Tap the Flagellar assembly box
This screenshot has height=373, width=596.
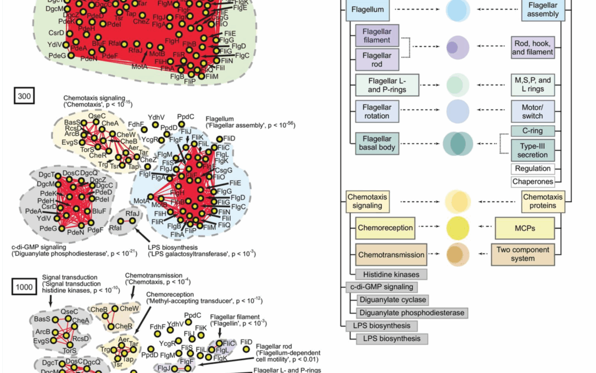(x=543, y=10)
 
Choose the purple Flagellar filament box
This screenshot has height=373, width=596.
(x=377, y=35)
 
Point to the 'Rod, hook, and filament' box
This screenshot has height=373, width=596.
(x=532, y=48)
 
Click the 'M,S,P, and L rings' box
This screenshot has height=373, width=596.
(x=532, y=85)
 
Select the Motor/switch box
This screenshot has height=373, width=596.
(x=532, y=112)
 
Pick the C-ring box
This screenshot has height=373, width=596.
(x=532, y=132)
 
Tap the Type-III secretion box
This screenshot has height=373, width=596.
(x=532, y=150)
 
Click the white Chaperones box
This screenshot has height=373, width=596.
(x=532, y=181)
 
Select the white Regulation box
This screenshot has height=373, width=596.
(x=532, y=168)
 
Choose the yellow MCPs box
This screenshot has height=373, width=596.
(x=524, y=228)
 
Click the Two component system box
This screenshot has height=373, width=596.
(x=523, y=254)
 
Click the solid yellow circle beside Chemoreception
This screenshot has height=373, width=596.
(x=458, y=227)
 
